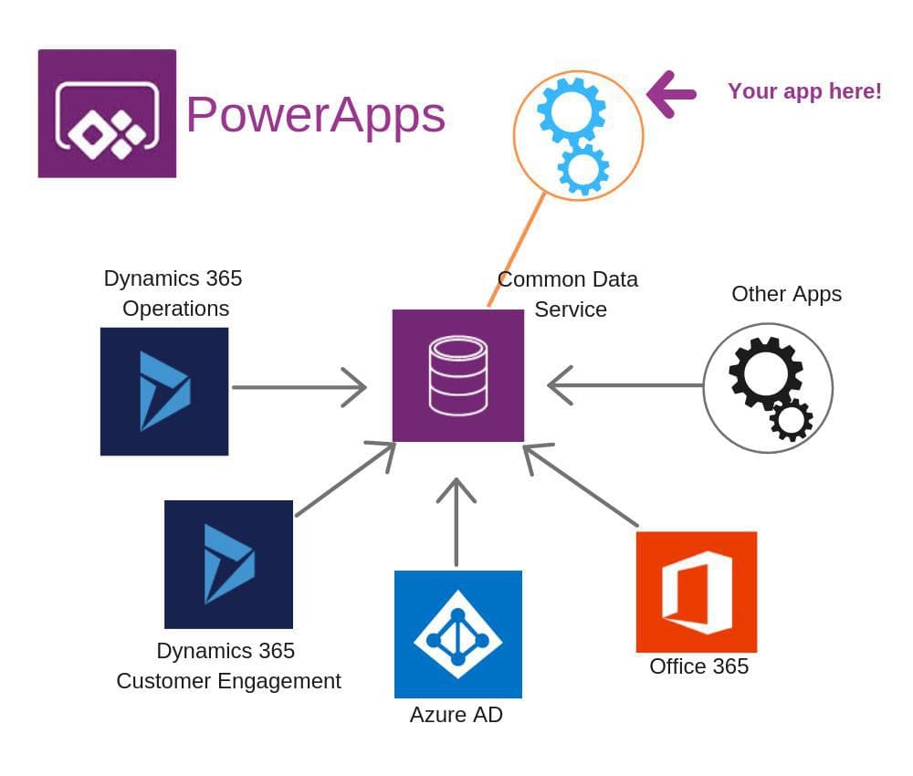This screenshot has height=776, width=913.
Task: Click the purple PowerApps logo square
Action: (107, 113)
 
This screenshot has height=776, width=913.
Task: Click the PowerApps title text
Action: (315, 115)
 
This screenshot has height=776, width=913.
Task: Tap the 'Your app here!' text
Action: (804, 91)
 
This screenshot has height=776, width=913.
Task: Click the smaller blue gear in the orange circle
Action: (583, 169)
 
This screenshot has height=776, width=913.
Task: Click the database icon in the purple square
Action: (457, 375)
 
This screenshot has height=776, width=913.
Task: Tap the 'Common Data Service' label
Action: (568, 294)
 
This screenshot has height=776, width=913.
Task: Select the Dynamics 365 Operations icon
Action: (164, 391)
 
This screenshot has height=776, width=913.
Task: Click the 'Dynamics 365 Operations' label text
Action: (173, 293)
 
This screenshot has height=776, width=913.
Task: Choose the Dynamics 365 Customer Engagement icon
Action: (228, 563)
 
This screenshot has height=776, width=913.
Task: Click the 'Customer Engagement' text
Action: (228, 681)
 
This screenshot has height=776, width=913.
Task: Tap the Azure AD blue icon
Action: (457, 634)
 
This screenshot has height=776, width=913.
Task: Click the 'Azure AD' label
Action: (456, 715)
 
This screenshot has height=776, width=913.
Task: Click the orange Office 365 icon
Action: (696, 592)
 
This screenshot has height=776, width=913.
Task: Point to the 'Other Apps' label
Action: (786, 294)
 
